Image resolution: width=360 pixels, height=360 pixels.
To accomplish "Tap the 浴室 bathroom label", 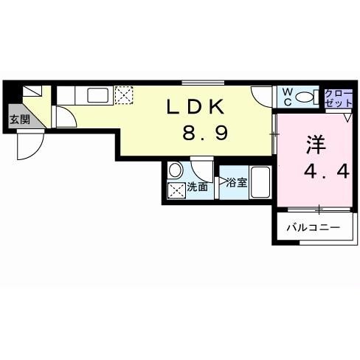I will click(x=236, y=181).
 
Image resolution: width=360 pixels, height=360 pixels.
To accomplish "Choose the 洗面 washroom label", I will click(x=197, y=187).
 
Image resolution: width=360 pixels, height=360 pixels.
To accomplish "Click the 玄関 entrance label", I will click(x=19, y=119).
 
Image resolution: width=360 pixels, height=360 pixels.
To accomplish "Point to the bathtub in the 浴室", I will click(x=260, y=181).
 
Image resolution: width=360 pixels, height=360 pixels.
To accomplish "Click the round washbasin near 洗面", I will click(x=176, y=170).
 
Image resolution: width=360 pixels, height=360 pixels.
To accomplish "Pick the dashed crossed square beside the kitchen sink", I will click(x=123, y=94).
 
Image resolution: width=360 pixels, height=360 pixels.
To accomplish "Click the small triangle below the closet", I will click(x=347, y=117).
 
